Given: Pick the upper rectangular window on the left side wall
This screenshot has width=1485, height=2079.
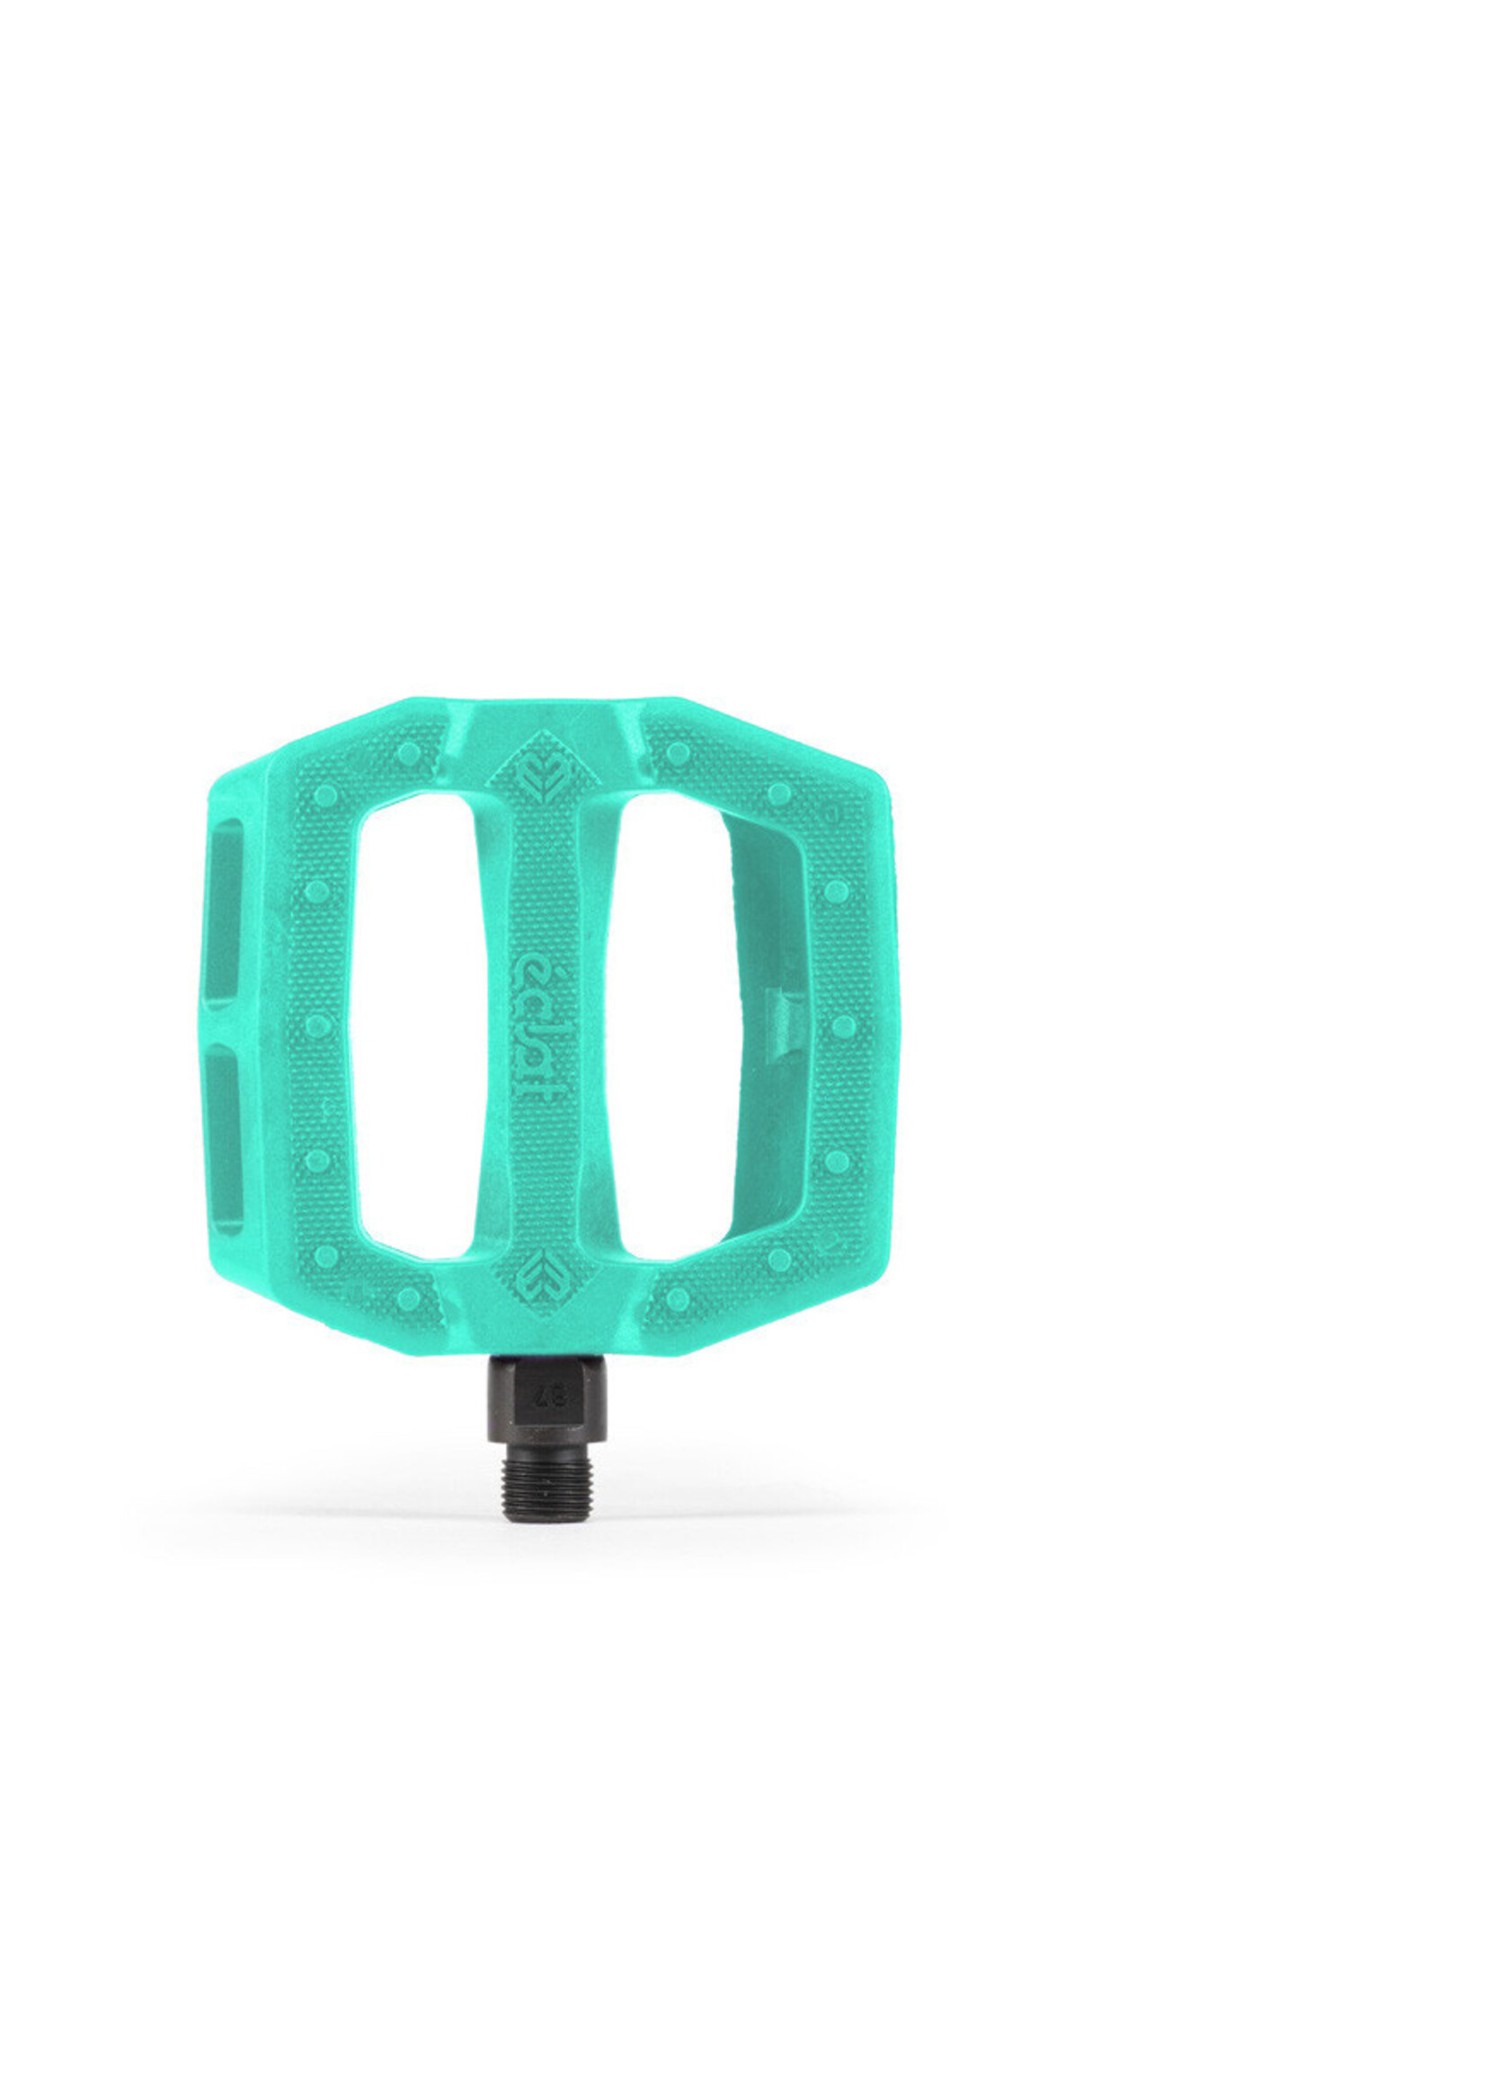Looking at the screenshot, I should click(225, 911).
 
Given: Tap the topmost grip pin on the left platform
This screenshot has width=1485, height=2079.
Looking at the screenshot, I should click(408, 754).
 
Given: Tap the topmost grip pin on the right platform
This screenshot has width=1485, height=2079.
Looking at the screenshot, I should click(678, 754).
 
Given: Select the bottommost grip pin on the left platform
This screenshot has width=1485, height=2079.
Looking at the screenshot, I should click(408, 1297).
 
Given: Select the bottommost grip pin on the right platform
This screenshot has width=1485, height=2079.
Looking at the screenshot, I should click(678, 1297).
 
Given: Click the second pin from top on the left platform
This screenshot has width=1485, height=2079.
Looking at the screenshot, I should click(325, 795).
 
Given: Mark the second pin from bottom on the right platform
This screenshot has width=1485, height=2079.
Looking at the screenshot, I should click(779, 1260).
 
